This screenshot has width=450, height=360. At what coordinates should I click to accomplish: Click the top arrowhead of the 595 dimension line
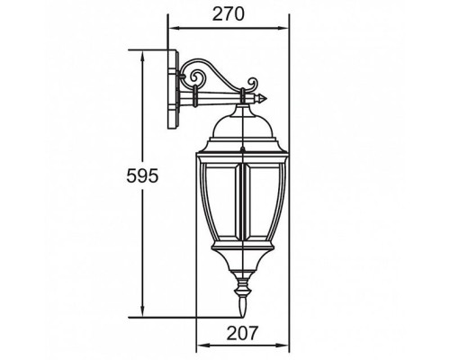click(x=143, y=52)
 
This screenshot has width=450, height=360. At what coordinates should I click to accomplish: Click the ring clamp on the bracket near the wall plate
click(x=193, y=93)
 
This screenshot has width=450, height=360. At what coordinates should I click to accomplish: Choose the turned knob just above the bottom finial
click(x=241, y=290)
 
